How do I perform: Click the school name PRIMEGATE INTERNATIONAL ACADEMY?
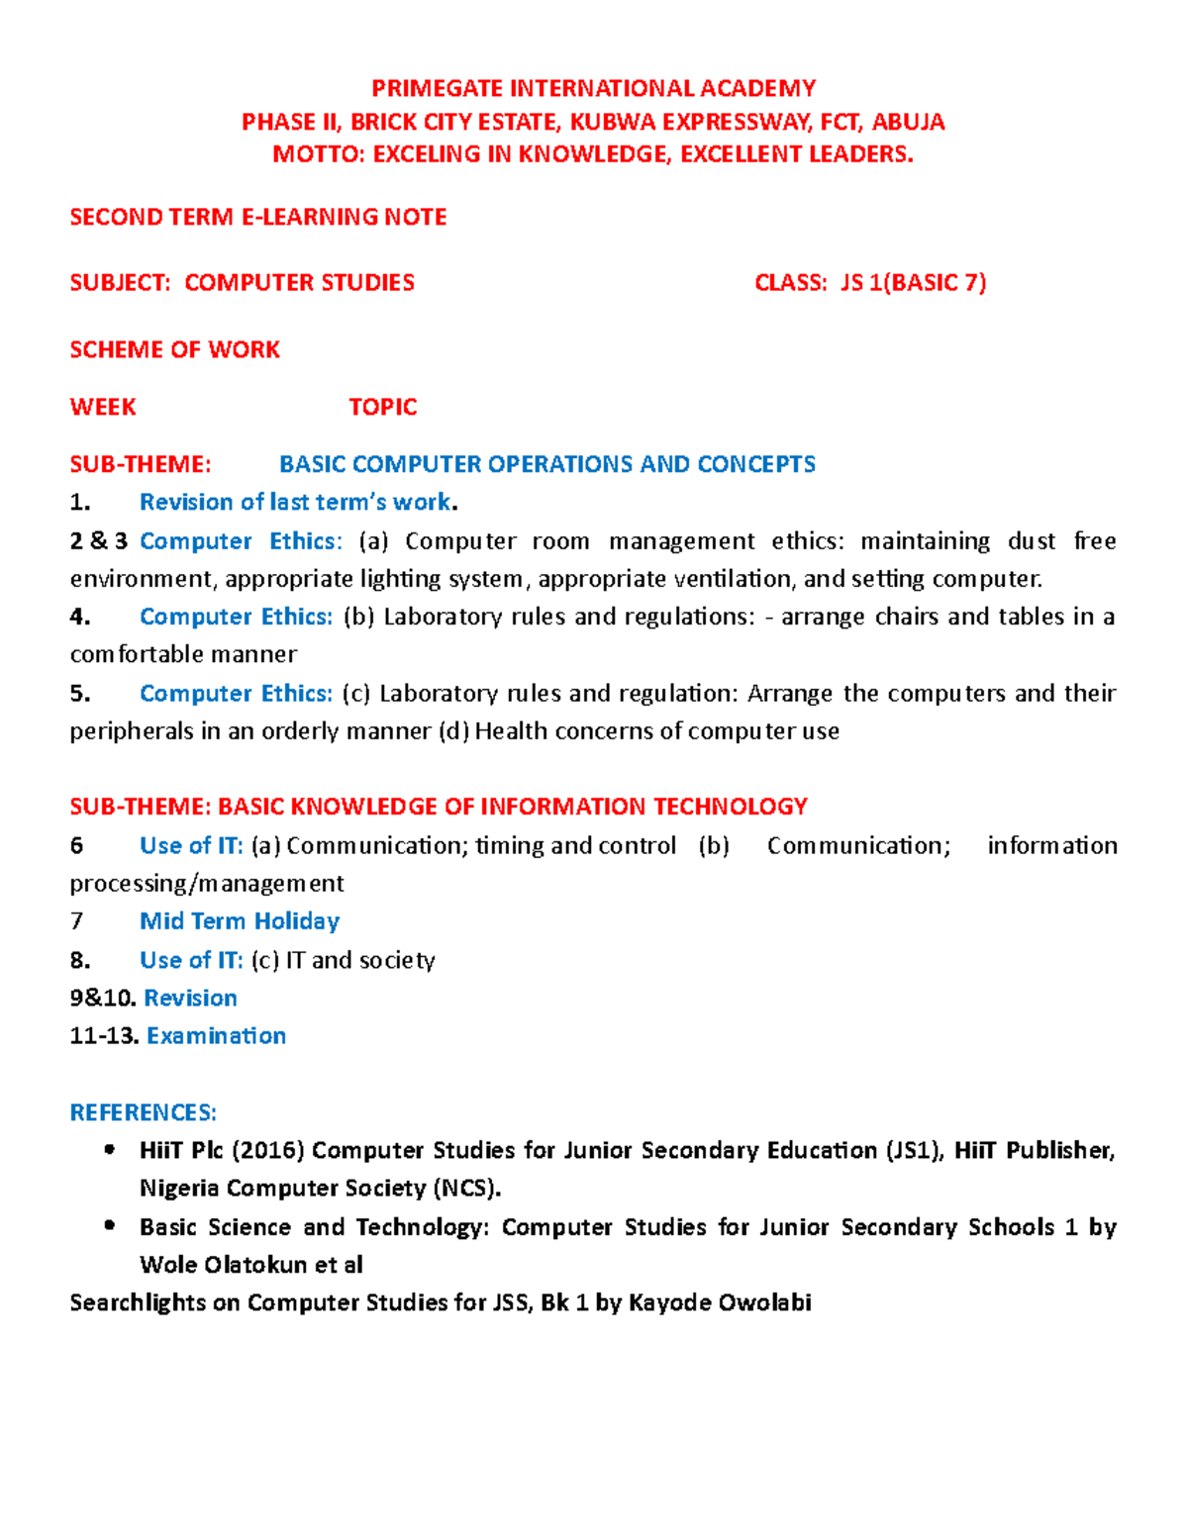pos(593,88)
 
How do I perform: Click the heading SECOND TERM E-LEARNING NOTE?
pos(257,217)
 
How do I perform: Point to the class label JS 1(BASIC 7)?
pos(913,283)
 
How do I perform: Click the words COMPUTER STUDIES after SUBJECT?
pos(299,283)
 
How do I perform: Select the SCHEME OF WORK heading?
pos(174,349)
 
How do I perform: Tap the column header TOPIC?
pos(382,407)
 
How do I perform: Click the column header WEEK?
pos(102,407)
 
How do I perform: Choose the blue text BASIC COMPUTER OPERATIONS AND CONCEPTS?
pos(546,464)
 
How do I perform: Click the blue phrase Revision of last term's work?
pos(295,502)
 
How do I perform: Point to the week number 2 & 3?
pos(98,541)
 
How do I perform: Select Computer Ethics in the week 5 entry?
pos(235,693)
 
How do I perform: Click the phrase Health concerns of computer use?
pos(656,731)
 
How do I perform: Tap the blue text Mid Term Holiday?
pos(240,921)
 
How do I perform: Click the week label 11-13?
pos(103,1036)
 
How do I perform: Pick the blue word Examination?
pos(216,1036)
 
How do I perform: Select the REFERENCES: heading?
pos(143,1112)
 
